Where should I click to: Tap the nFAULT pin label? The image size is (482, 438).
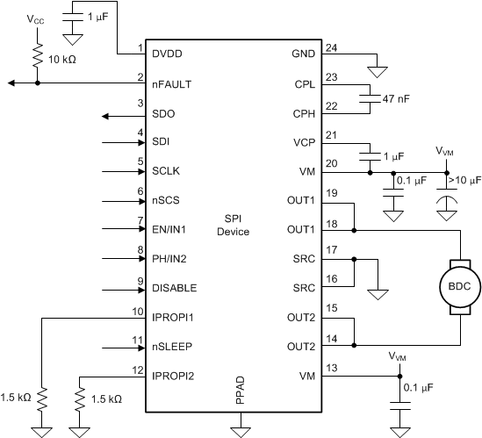(172, 84)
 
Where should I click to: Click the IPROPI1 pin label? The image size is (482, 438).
(173, 317)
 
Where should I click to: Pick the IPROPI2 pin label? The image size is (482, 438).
(173, 375)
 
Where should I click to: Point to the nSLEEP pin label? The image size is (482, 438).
(170, 346)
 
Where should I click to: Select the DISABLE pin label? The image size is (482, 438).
(173, 288)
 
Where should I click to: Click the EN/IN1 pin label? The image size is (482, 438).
(171, 229)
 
